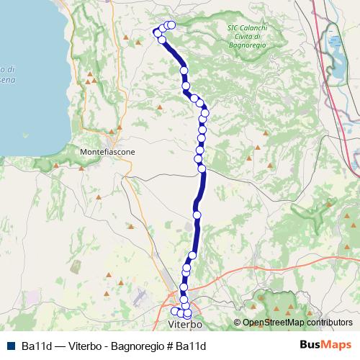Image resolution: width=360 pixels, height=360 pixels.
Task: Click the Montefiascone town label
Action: [x=106, y=153]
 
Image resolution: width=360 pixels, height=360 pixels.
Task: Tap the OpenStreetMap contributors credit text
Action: [x=297, y=323]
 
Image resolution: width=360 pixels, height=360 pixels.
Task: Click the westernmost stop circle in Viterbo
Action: [x=174, y=311]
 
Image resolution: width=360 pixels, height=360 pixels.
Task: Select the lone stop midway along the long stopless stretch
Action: [x=197, y=215]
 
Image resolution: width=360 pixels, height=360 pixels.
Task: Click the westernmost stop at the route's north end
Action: [x=157, y=32]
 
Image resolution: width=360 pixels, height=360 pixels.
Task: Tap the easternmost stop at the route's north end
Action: [x=171, y=25]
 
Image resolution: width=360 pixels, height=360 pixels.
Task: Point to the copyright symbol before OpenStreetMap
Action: [x=238, y=323]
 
